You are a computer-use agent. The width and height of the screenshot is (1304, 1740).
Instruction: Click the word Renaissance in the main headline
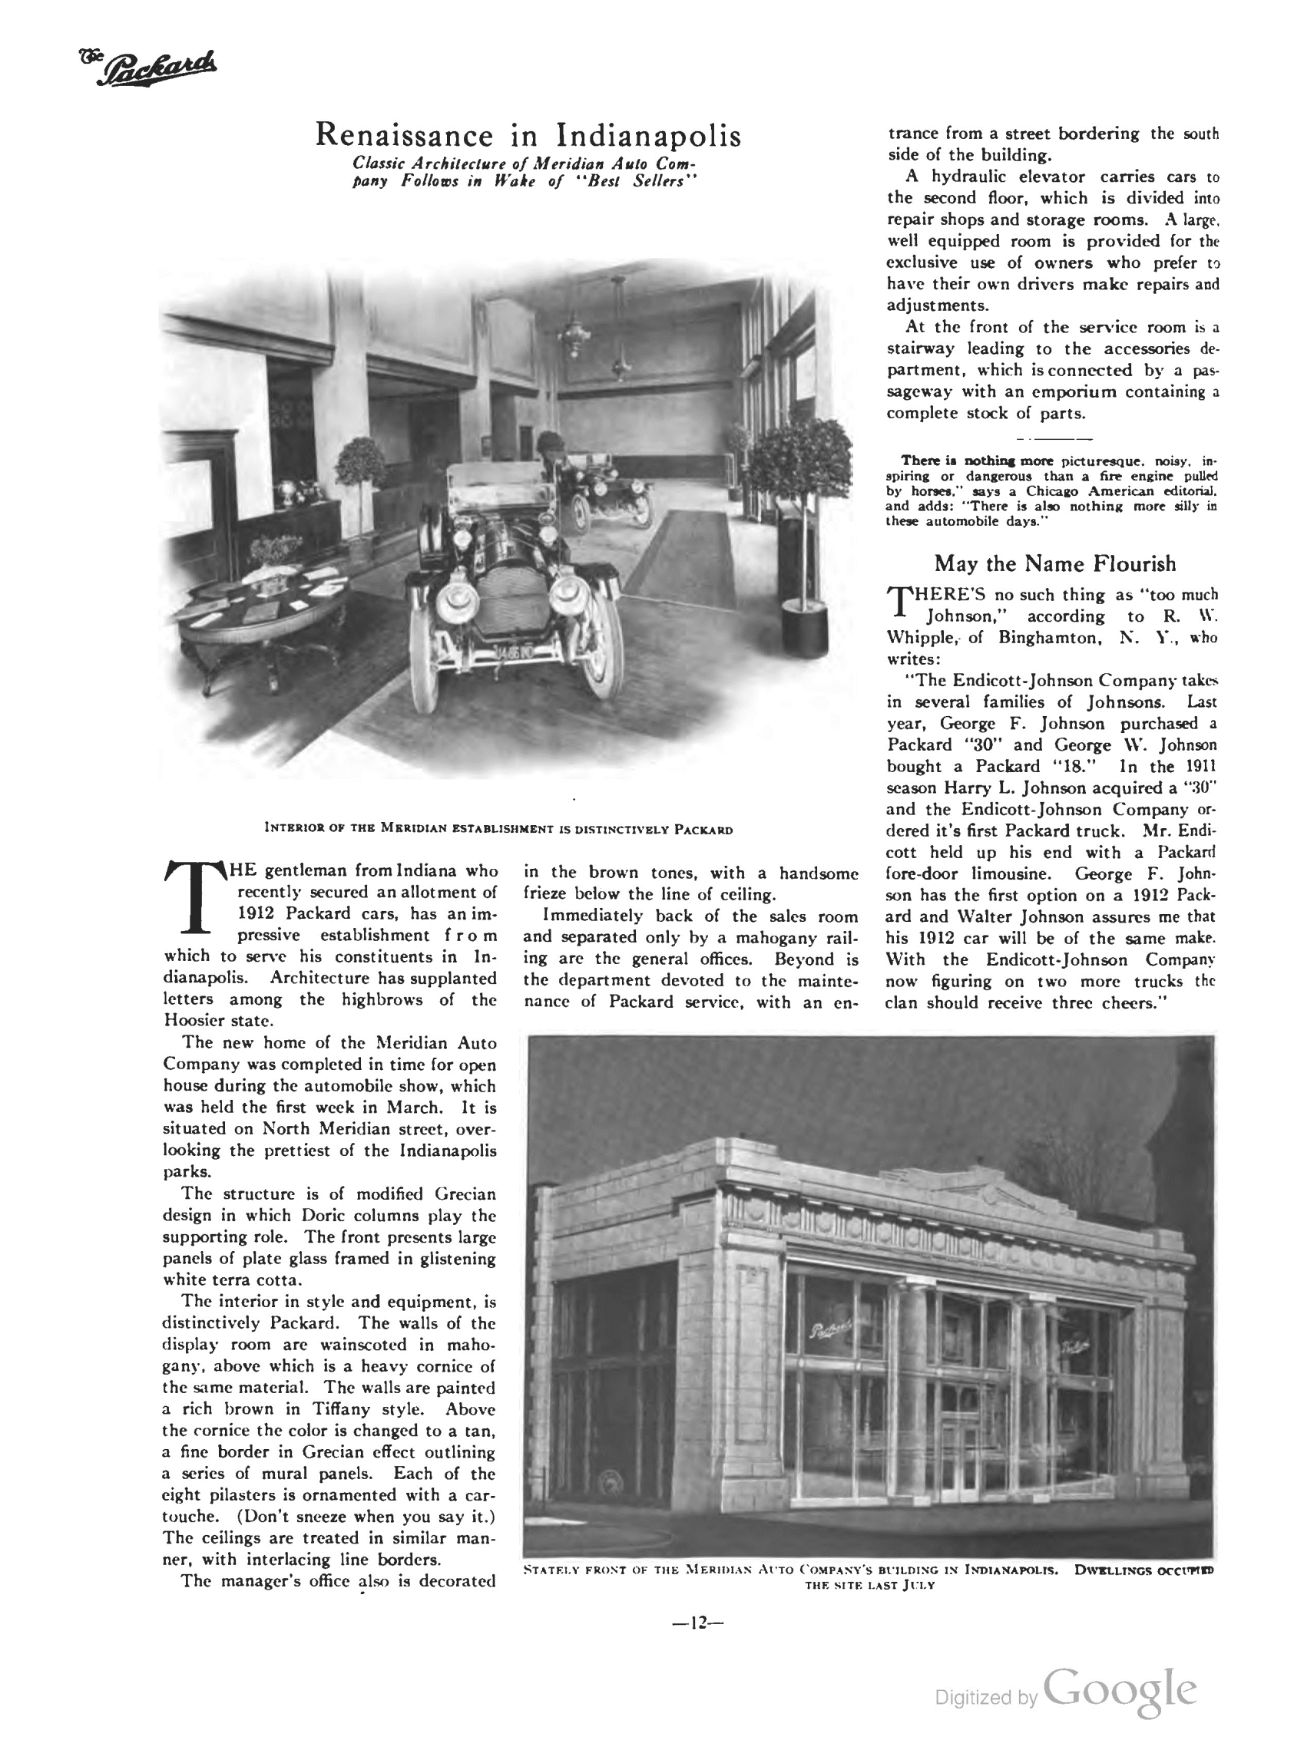pos(403,135)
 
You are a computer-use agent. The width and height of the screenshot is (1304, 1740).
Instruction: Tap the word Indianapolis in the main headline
pos(648,135)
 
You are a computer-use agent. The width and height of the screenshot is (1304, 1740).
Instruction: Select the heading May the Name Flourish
pos(1054,563)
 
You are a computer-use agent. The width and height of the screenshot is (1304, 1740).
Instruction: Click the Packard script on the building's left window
pos(831,1330)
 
